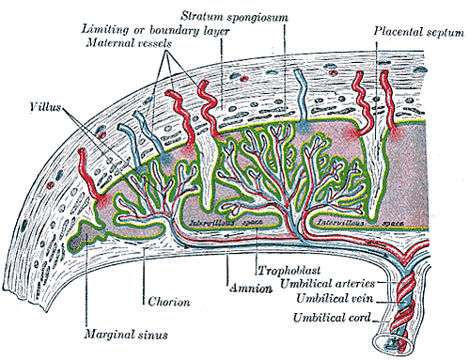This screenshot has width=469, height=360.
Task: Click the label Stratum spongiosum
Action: pos(234,16)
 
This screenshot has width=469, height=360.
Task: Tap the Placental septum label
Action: pos(418,32)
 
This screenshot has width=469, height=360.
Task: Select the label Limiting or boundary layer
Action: pos(155,30)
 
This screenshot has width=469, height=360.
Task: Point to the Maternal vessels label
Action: pos(129,42)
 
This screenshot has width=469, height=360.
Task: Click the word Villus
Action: pos(45,107)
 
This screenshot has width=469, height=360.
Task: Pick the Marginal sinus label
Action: pos(126,335)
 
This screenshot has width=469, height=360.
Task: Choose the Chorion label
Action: pos(169,302)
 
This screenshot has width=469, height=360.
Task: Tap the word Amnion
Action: pos(251,288)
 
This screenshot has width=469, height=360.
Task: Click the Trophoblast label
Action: pos(289,270)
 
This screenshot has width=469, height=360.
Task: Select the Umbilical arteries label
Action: pos(327,284)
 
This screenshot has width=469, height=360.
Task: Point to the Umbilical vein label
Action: pos(335,298)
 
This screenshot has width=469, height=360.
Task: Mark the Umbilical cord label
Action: pos(332,318)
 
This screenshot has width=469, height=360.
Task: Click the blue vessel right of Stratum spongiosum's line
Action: pos(301,97)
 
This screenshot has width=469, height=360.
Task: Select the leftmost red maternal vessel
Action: pos(91,176)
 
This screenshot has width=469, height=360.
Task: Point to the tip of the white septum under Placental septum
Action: pos(372,217)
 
